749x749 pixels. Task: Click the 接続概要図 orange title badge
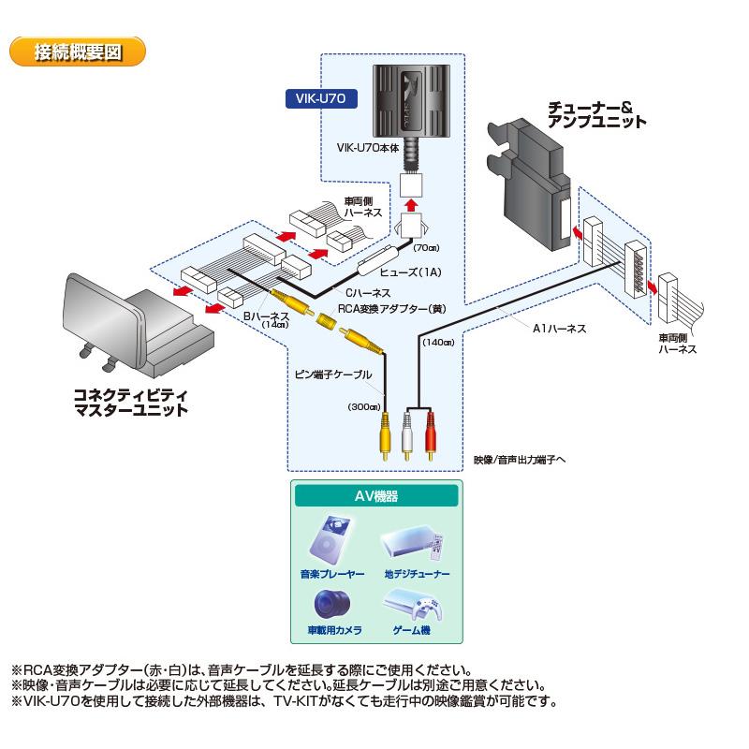pos(78,51)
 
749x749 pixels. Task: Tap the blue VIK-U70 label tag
pos(321,97)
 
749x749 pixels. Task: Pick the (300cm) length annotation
pos(362,407)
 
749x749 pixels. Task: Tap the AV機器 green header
pos(375,495)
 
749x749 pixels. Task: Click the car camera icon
pos(335,604)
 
